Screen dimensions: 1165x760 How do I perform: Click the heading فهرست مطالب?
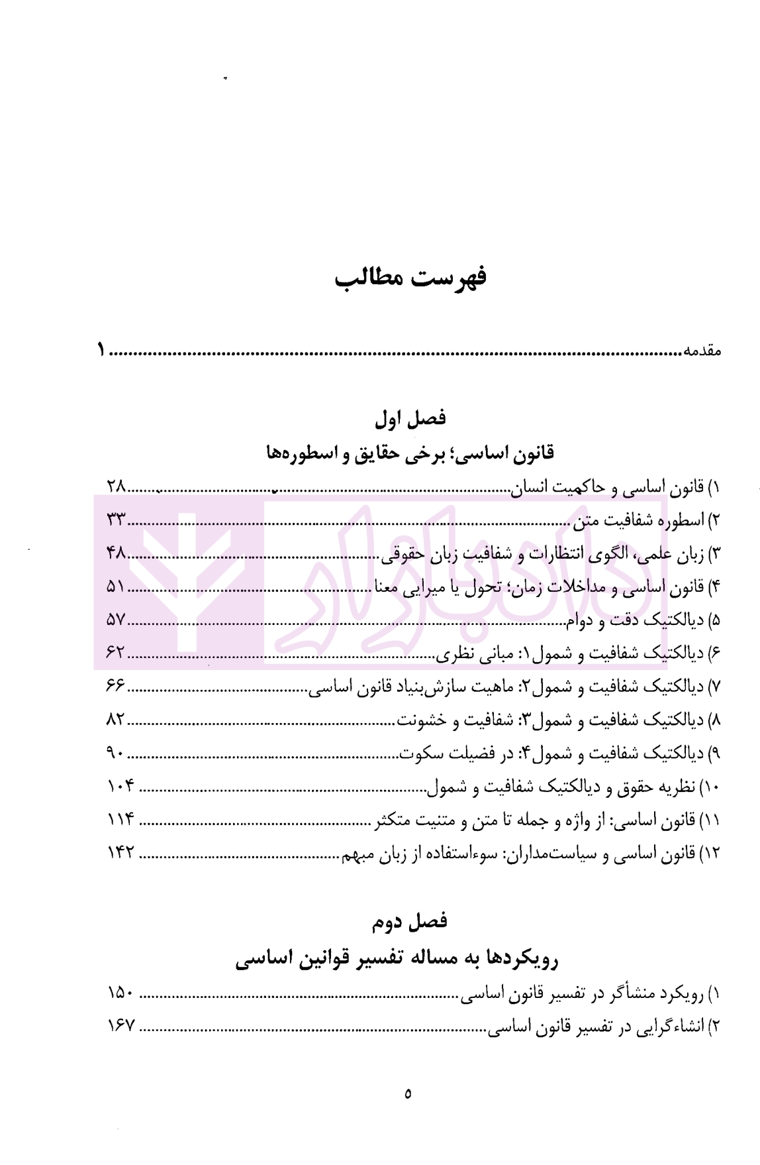pyautogui.click(x=410, y=278)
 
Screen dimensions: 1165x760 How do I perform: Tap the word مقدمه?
pyautogui.click(x=702, y=351)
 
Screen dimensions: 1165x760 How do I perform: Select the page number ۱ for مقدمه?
pyautogui.click(x=101, y=349)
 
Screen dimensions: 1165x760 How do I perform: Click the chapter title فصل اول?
pyautogui.click(x=410, y=419)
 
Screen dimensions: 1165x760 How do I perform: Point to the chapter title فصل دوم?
pyautogui.click(x=410, y=921)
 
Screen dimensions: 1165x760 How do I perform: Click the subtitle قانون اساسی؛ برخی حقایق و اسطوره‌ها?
pyautogui.click(x=410, y=454)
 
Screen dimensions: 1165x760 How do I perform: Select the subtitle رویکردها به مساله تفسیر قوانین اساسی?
pyautogui.click(x=397, y=959)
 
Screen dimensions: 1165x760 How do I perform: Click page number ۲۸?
pyautogui.click(x=116, y=486)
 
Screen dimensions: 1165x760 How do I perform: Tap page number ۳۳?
pyautogui.click(x=116, y=520)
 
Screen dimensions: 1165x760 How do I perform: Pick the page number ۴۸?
pyautogui.click(x=116, y=553)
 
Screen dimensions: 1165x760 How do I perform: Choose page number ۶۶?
pyautogui.click(x=116, y=686)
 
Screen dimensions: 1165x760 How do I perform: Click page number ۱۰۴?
pyautogui.click(x=120, y=786)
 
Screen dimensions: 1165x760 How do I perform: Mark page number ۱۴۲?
pyautogui.click(x=120, y=853)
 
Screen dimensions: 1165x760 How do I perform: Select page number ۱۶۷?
pyautogui.click(x=120, y=1026)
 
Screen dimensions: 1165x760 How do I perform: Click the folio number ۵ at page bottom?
pyautogui.click(x=408, y=1093)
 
